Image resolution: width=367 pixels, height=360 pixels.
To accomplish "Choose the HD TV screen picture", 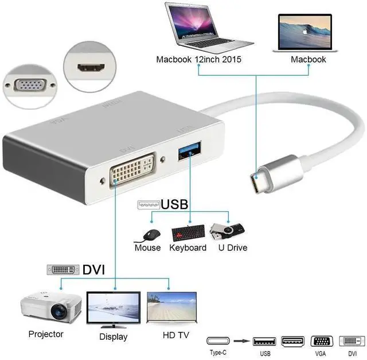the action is pyautogui.click(x=171, y=309).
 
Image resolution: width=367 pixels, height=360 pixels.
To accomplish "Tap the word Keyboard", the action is pyautogui.click(x=188, y=248).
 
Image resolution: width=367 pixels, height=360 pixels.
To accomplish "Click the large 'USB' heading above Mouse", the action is pyautogui.click(x=174, y=204).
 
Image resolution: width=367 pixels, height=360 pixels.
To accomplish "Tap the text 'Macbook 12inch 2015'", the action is pyautogui.click(x=198, y=59).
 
